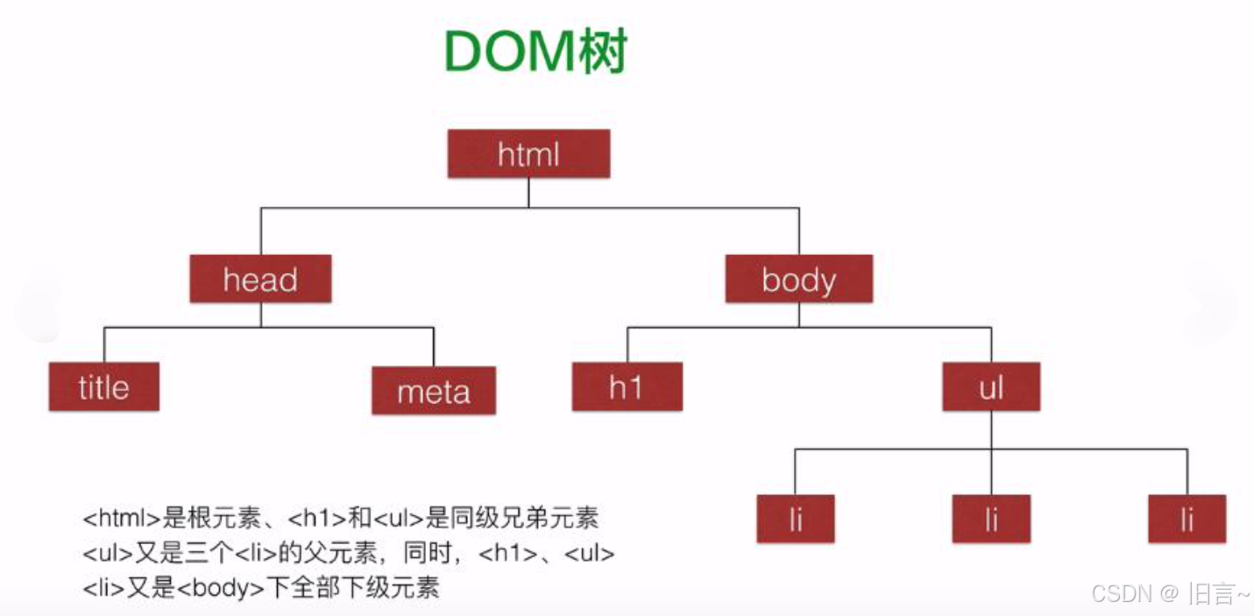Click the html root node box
(528, 154)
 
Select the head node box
(260, 280)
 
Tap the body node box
(798, 280)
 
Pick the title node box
(103, 387)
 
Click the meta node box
(434, 391)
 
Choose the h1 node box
(627, 387)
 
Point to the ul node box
(991, 387)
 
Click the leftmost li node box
(796, 520)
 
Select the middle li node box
(991, 520)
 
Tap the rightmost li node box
(1187, 520)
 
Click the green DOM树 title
(535, 53)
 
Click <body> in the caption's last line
(220, 588)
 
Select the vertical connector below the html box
(528, 193)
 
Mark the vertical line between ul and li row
(991, 430)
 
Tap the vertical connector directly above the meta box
(434, 347)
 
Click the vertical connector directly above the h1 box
(627, 345)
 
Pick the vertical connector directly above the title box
(104, 345)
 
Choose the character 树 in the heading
(603, 53)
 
